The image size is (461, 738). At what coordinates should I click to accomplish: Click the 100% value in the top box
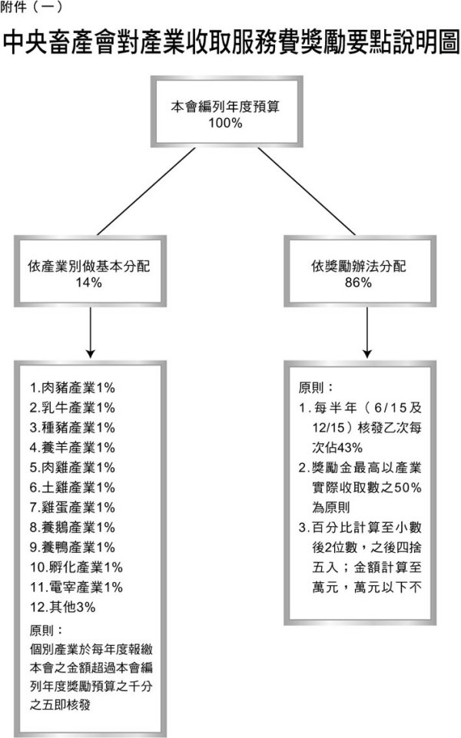tap(226, 123)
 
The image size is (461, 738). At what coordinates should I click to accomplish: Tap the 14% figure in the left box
tap(88, 283)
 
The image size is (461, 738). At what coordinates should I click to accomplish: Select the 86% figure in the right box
tap(358, 283)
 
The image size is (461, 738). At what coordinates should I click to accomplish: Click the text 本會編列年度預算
tap(225, 107)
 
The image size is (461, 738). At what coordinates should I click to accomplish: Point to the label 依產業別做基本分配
tap(89, 266)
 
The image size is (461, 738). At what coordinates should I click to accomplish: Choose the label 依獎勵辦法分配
tap(358, 266)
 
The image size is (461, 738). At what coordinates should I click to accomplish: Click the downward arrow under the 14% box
tap(91, 333)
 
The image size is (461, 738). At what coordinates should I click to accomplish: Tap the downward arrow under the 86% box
tap(367, 333)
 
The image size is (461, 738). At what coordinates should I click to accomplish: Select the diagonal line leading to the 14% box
tap(146, 191)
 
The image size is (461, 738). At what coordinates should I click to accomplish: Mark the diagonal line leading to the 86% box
tap(307, 191)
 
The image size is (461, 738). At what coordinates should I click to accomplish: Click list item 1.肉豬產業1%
tap(72, 388)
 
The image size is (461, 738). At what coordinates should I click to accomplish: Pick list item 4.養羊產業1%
tap(72, 448)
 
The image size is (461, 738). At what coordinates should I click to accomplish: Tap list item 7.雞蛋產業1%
tap(72, 508)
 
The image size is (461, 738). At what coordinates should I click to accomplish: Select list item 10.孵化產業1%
tap(76, 568)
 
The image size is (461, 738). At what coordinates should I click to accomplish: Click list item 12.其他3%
tap(63, 607)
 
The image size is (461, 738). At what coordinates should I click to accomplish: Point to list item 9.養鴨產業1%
tap(72, 548)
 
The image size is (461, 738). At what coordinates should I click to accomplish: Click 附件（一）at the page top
tap(31, 7)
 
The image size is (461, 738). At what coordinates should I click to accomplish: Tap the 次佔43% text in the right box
tap(337, 448)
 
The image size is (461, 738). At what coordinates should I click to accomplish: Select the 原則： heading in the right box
tap(316, 388)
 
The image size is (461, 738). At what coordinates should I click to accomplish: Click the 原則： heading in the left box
tap(46, 630)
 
